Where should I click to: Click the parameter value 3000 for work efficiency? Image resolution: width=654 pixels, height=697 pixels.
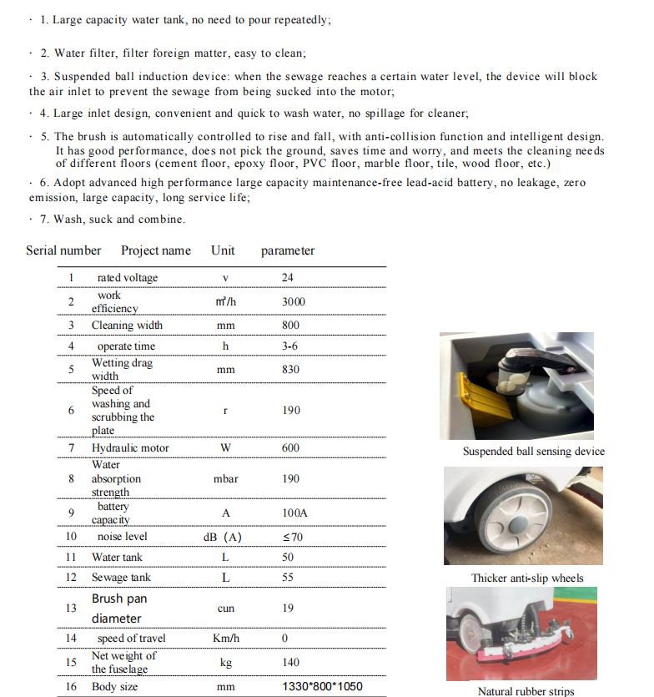[x=293, y=301]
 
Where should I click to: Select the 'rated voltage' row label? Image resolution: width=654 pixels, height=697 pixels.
[x=127, y=277]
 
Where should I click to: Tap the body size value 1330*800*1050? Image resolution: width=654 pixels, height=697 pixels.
[x=322, y=687]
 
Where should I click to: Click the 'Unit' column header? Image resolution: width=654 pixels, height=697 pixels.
[x=223, y=250]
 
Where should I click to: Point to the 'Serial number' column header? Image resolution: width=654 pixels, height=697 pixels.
[x=63, y=250]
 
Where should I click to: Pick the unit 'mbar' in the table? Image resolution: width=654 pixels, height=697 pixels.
[x=225, y=479]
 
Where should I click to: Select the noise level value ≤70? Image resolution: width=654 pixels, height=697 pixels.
[x=293, y=537]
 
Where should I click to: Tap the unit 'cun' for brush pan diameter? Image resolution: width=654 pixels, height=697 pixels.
[x=225, y=609]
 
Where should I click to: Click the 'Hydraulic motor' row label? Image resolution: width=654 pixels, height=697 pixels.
[x=130, y=448]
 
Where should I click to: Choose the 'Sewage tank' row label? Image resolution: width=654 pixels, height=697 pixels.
[x=118, y=578]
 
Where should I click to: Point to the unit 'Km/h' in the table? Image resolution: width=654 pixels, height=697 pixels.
[x=225, y=639]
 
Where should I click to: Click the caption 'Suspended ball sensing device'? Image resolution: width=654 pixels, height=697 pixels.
[x=534, y=452]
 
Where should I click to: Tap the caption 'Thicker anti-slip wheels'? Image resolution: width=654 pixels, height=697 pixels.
[x=527, y=578]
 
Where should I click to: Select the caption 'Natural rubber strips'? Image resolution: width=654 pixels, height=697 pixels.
[x=526, y=691]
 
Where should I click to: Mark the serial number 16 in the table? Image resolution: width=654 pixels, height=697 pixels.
[x=71, y=687]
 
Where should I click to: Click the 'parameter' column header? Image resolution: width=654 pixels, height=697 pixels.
[x=288, y=250]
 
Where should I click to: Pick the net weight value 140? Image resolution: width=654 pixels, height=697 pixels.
[x=289, y=662]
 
